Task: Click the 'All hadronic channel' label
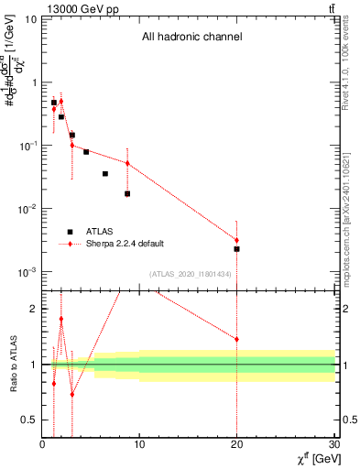tap(191, 38)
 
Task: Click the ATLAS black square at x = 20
tap(236, 249)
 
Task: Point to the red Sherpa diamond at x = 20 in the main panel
tap(236, 240)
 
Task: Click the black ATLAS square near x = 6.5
tap(105, 173)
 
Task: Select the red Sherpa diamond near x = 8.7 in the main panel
tap(127, 163)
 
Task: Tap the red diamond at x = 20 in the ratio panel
tap(236, 339)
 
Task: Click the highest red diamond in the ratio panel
tap(61, 319)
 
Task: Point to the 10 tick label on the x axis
tap(139, 444)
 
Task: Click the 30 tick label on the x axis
tap(333, 444)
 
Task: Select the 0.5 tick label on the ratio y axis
tap(31, 420)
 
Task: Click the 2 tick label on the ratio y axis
tap(34, 309)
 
